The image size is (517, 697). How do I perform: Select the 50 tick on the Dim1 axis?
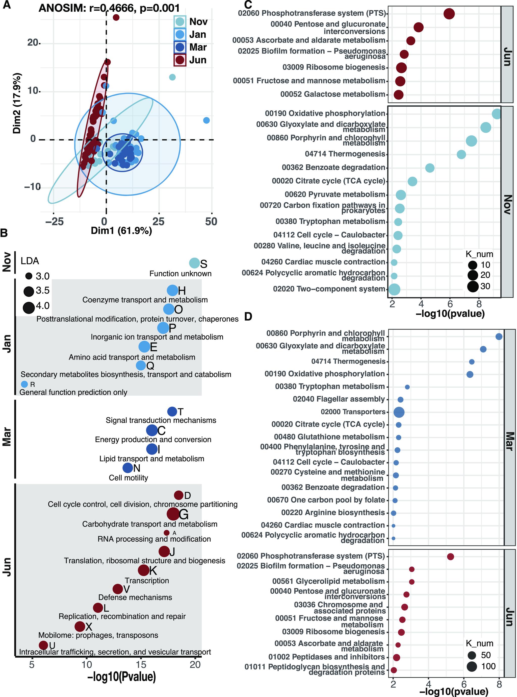211,222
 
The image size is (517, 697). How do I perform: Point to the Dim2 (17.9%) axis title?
17,103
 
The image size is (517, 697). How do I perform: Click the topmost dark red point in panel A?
116,17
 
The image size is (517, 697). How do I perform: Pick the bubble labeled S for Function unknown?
194,263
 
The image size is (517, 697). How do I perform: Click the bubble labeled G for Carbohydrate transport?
173,514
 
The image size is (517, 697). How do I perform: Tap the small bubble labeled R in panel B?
24,384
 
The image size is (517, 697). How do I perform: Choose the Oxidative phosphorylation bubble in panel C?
497,114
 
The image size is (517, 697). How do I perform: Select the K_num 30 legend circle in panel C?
473,286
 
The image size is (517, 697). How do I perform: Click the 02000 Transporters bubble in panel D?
399,412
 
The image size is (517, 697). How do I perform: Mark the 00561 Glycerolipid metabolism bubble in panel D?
412,582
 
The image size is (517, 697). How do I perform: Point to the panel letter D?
248,317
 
